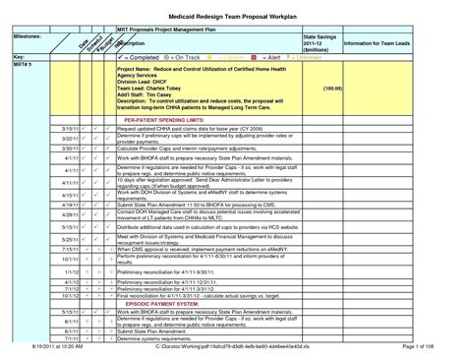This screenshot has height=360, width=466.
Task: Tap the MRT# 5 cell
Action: (25, 65)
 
